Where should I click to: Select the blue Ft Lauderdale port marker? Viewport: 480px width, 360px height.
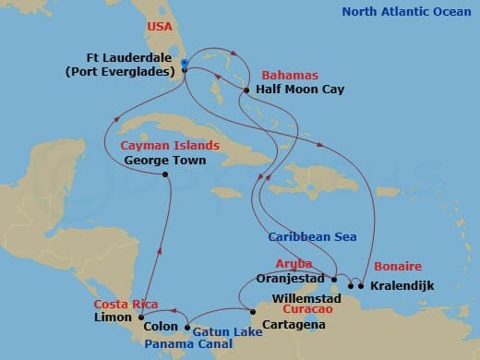(185, 64)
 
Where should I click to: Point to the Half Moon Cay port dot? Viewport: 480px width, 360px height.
(246, 90)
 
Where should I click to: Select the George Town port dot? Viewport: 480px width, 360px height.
(165, 174)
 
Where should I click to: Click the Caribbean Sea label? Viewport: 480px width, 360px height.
(311, 237)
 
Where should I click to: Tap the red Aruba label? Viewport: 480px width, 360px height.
(294, 263)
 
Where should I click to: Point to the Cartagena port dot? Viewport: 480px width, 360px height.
(243, 310)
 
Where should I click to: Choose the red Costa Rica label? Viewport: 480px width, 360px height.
(123, 303)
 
